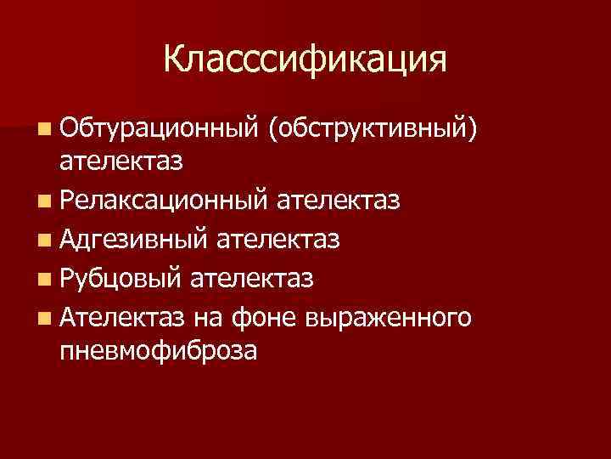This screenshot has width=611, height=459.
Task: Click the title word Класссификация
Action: tap(305, 59)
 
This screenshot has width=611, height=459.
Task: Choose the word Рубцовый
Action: tap(122, 278)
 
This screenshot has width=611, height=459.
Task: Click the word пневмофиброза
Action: tap(157, 349)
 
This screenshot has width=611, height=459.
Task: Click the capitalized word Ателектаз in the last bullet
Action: tap(122, 316)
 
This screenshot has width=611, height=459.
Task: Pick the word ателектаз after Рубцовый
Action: tap(253, 278)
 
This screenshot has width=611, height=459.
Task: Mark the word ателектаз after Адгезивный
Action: tap(279, 240)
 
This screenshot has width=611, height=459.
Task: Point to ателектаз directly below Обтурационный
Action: tap(122, 161)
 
